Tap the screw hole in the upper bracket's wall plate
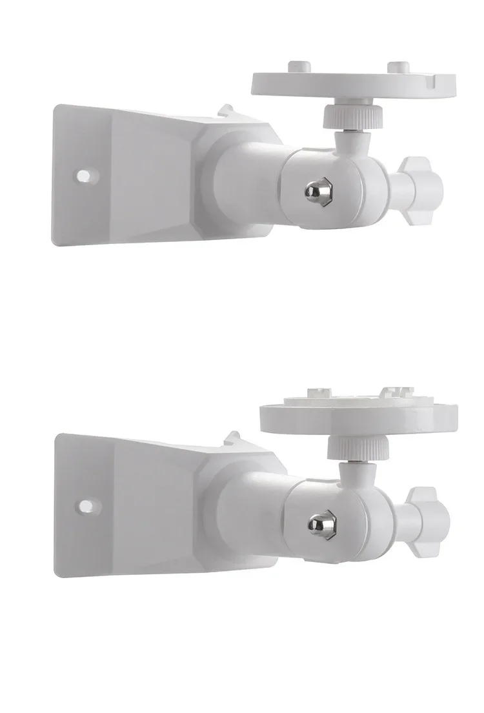(84, 175)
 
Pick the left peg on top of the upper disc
(299, 65)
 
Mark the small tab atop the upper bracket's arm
(226, 112)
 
